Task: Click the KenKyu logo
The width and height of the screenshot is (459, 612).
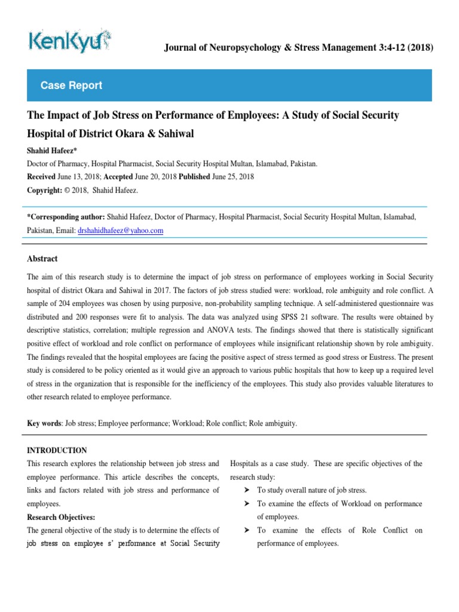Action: [69, 41]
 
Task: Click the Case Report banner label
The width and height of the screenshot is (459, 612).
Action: [71, 85]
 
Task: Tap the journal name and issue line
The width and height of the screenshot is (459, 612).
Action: [298, 48]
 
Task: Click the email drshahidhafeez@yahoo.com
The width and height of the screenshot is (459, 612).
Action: [120, 230]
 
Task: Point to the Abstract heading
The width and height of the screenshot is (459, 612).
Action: [42, 259]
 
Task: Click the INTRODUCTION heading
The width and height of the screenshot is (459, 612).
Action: [57, 451]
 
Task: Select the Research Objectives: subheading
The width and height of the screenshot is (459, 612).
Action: [61, 517]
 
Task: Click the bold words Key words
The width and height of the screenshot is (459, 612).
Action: [44, 423]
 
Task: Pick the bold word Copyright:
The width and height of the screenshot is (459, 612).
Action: [45, 190]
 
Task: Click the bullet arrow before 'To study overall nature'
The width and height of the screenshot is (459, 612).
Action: [246, 490]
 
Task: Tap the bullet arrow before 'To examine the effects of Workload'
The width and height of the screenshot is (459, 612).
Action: [246, 504]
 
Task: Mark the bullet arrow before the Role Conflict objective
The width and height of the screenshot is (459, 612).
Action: [246, 530]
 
